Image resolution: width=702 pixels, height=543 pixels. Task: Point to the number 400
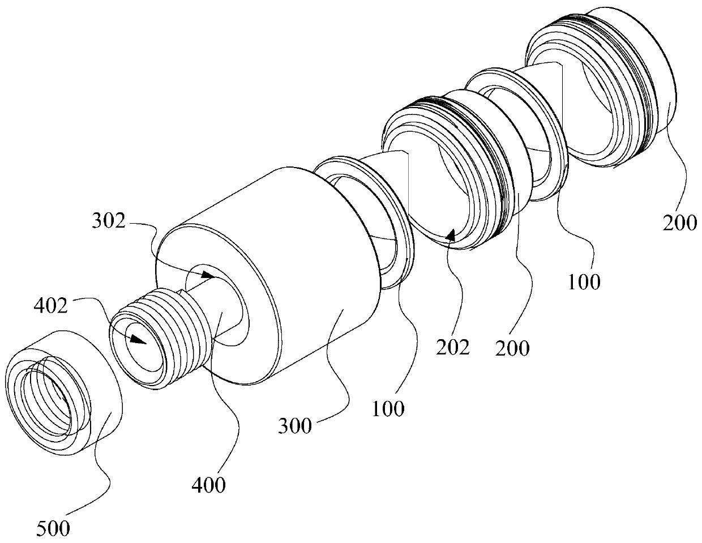pyautogui.click(x=208, y=485)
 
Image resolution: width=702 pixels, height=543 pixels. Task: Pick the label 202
pyautogui.click(x=452, y=347)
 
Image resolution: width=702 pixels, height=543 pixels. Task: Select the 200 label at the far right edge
pyautogui.click(x=680, y=223)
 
